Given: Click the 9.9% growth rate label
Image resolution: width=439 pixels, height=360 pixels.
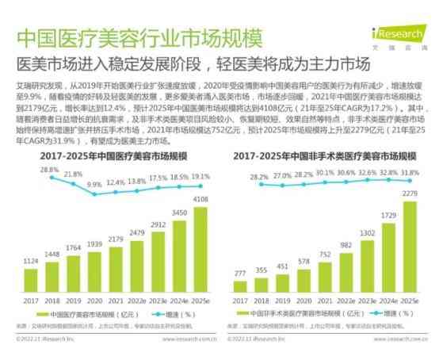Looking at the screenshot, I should pos(94,185).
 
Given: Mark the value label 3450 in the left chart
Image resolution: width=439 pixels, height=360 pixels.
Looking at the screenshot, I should pos(179,213).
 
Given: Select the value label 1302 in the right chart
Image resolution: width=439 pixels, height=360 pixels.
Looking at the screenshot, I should pos(367,233).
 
